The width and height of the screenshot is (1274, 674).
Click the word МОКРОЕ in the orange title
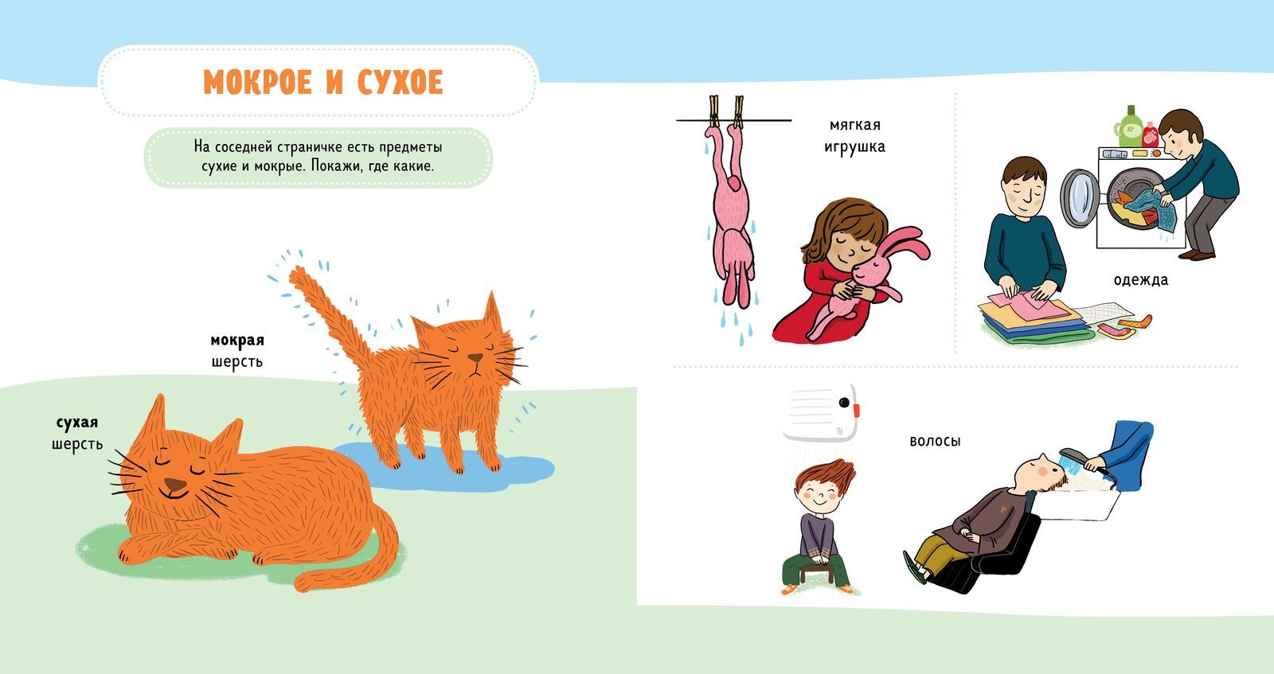[x=257, y=83]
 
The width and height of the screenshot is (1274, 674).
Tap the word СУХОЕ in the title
[x=400, y=83]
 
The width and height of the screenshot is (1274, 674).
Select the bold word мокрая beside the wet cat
[x=237, y=341]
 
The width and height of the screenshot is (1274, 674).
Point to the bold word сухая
[x=77, y=423]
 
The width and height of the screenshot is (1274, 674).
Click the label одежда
[x=1141, y=279]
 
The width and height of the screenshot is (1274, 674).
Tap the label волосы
[x=935, y=440]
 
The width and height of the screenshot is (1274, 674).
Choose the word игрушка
[x=855, y=147]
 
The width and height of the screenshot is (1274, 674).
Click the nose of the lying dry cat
[x=175, y=485]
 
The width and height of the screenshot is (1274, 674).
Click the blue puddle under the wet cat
[x=444, y=467]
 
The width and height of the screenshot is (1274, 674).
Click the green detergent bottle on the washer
[x=1130, y=127]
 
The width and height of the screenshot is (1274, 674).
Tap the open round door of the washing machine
[x=1079, y=198]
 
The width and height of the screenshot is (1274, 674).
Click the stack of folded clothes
[x=1035, y=321]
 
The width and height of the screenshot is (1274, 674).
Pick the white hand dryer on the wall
[x=821, y=411]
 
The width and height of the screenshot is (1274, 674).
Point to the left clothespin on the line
[x=714, y=111]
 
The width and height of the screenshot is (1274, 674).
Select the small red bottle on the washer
[x=1150, y=134]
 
